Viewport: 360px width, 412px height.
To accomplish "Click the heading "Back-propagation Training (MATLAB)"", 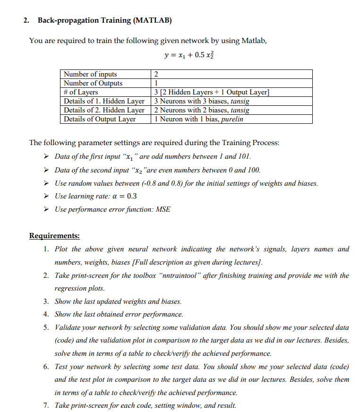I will coord(105,20).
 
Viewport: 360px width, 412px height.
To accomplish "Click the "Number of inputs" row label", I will coord(90,74).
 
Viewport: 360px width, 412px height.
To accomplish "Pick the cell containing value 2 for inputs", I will coord(156,74).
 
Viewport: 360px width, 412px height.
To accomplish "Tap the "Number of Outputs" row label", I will coord(93,83).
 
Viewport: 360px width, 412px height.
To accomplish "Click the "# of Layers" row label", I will coord(81,92).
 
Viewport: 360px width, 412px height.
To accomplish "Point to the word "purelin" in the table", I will coord(233,119).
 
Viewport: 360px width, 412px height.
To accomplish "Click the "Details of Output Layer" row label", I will coord(100,119).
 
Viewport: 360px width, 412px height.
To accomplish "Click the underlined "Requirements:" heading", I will coord(54,235).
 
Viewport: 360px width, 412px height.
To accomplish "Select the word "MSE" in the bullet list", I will coord(163,209).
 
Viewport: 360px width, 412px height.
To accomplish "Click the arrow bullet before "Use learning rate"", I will coord(47,196).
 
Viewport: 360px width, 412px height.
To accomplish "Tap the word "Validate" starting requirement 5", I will coord(69,327).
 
